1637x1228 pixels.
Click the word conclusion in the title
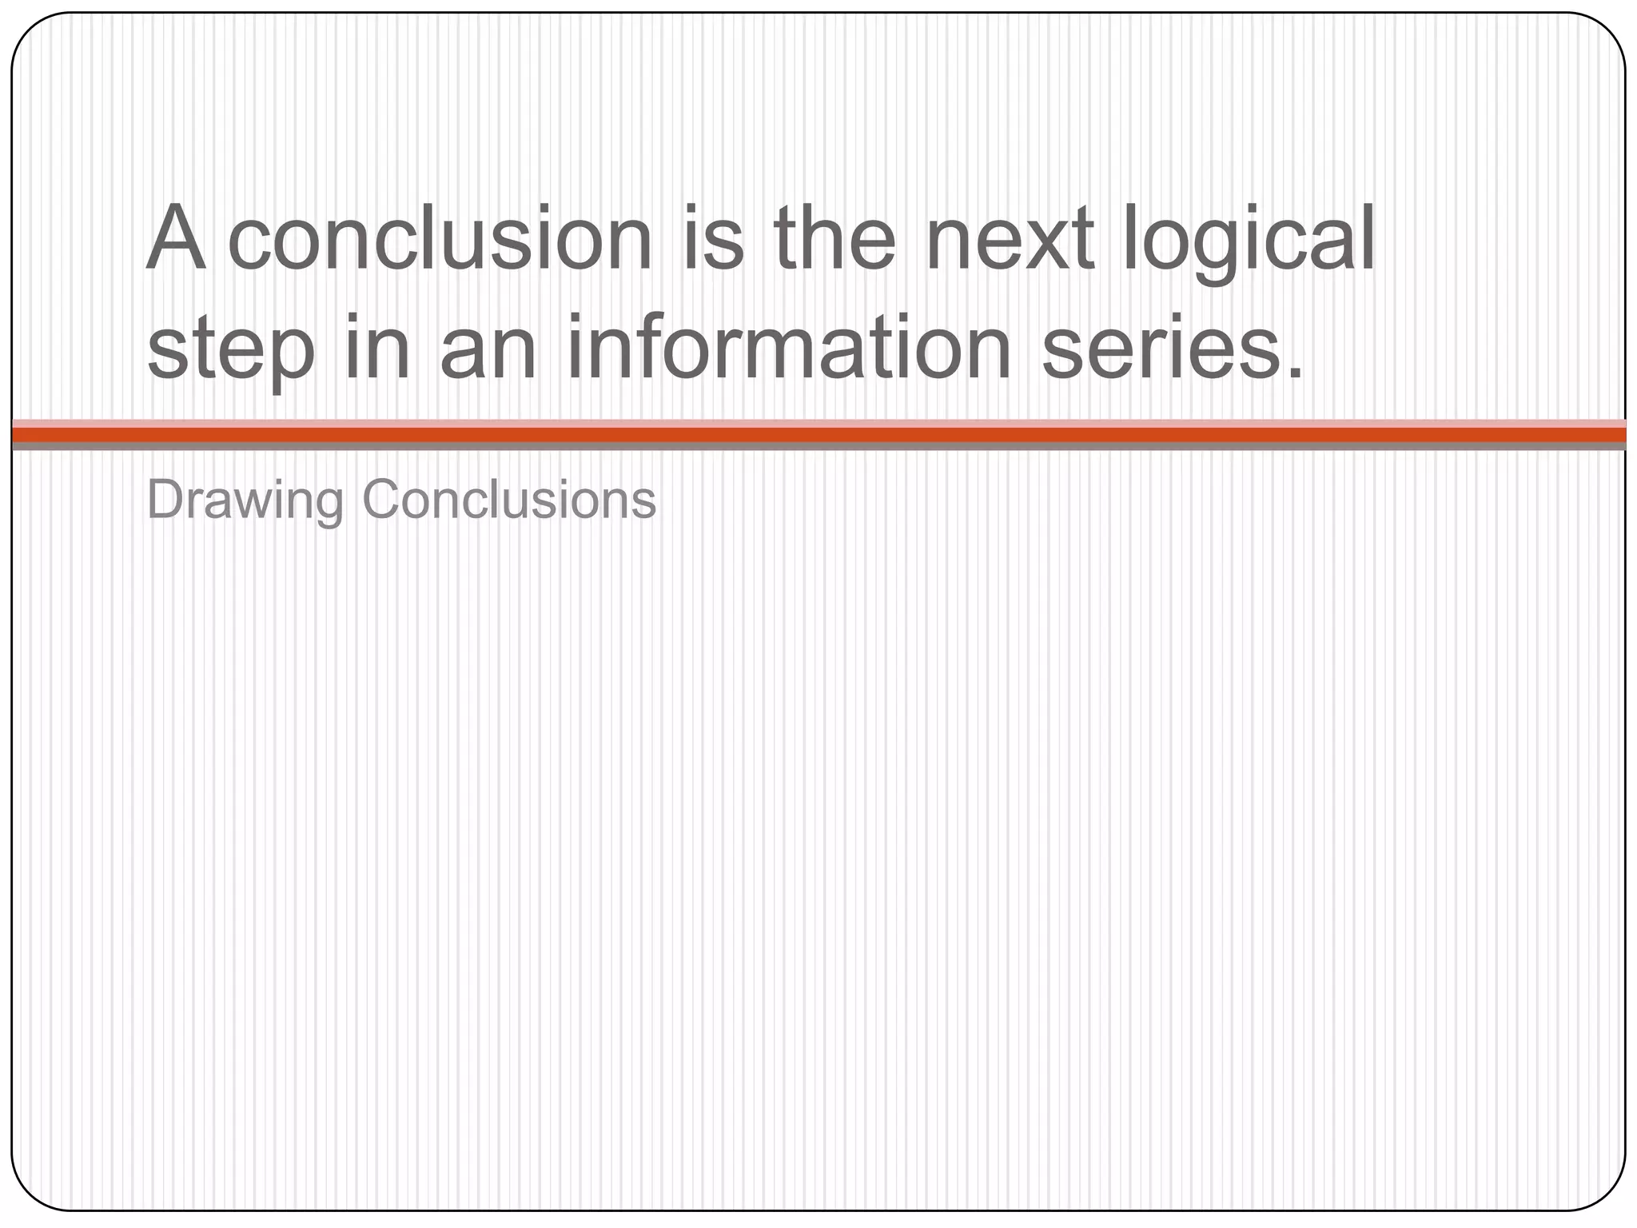tap(440, 239)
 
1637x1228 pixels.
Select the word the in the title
tap(834, 237)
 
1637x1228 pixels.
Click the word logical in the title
tap(1248, 239)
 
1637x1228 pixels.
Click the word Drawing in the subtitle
tap(245, 500)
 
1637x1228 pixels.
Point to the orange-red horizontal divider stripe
tap(818, 434)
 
